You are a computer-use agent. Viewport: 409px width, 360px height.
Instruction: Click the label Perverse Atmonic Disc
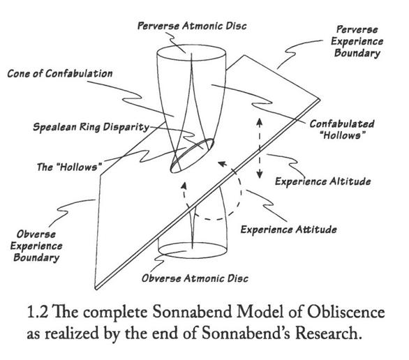click(x=192, y=26)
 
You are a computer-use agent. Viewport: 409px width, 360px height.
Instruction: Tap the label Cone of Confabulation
click(x=60, y=73)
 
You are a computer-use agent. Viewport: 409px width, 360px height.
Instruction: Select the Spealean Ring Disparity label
click(x=91, y=127)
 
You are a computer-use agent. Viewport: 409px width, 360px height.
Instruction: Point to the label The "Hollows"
click(x=69, y=167)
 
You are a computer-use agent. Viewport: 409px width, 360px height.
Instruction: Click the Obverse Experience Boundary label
click(x=36, y=246)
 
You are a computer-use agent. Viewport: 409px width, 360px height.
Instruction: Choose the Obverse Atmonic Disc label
click(x=195, y=278)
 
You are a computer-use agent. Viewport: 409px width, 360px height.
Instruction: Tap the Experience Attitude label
click(x=288, y=230)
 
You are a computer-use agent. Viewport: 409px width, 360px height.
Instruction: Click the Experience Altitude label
click(x=323, y=181)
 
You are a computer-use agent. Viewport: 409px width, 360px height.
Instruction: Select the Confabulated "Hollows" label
click(x=342, y=130)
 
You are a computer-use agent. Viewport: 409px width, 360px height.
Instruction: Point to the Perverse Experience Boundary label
click(x=357, y=41)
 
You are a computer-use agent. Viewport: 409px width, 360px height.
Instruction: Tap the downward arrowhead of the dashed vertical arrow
click(x=259, y=174)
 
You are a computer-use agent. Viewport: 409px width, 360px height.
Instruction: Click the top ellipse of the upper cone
click(x=191, y=45)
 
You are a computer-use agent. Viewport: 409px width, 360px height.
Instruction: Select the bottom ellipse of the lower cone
click(x=193, y=258)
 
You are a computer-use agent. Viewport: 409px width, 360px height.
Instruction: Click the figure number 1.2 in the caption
click(x=37, y=312)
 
